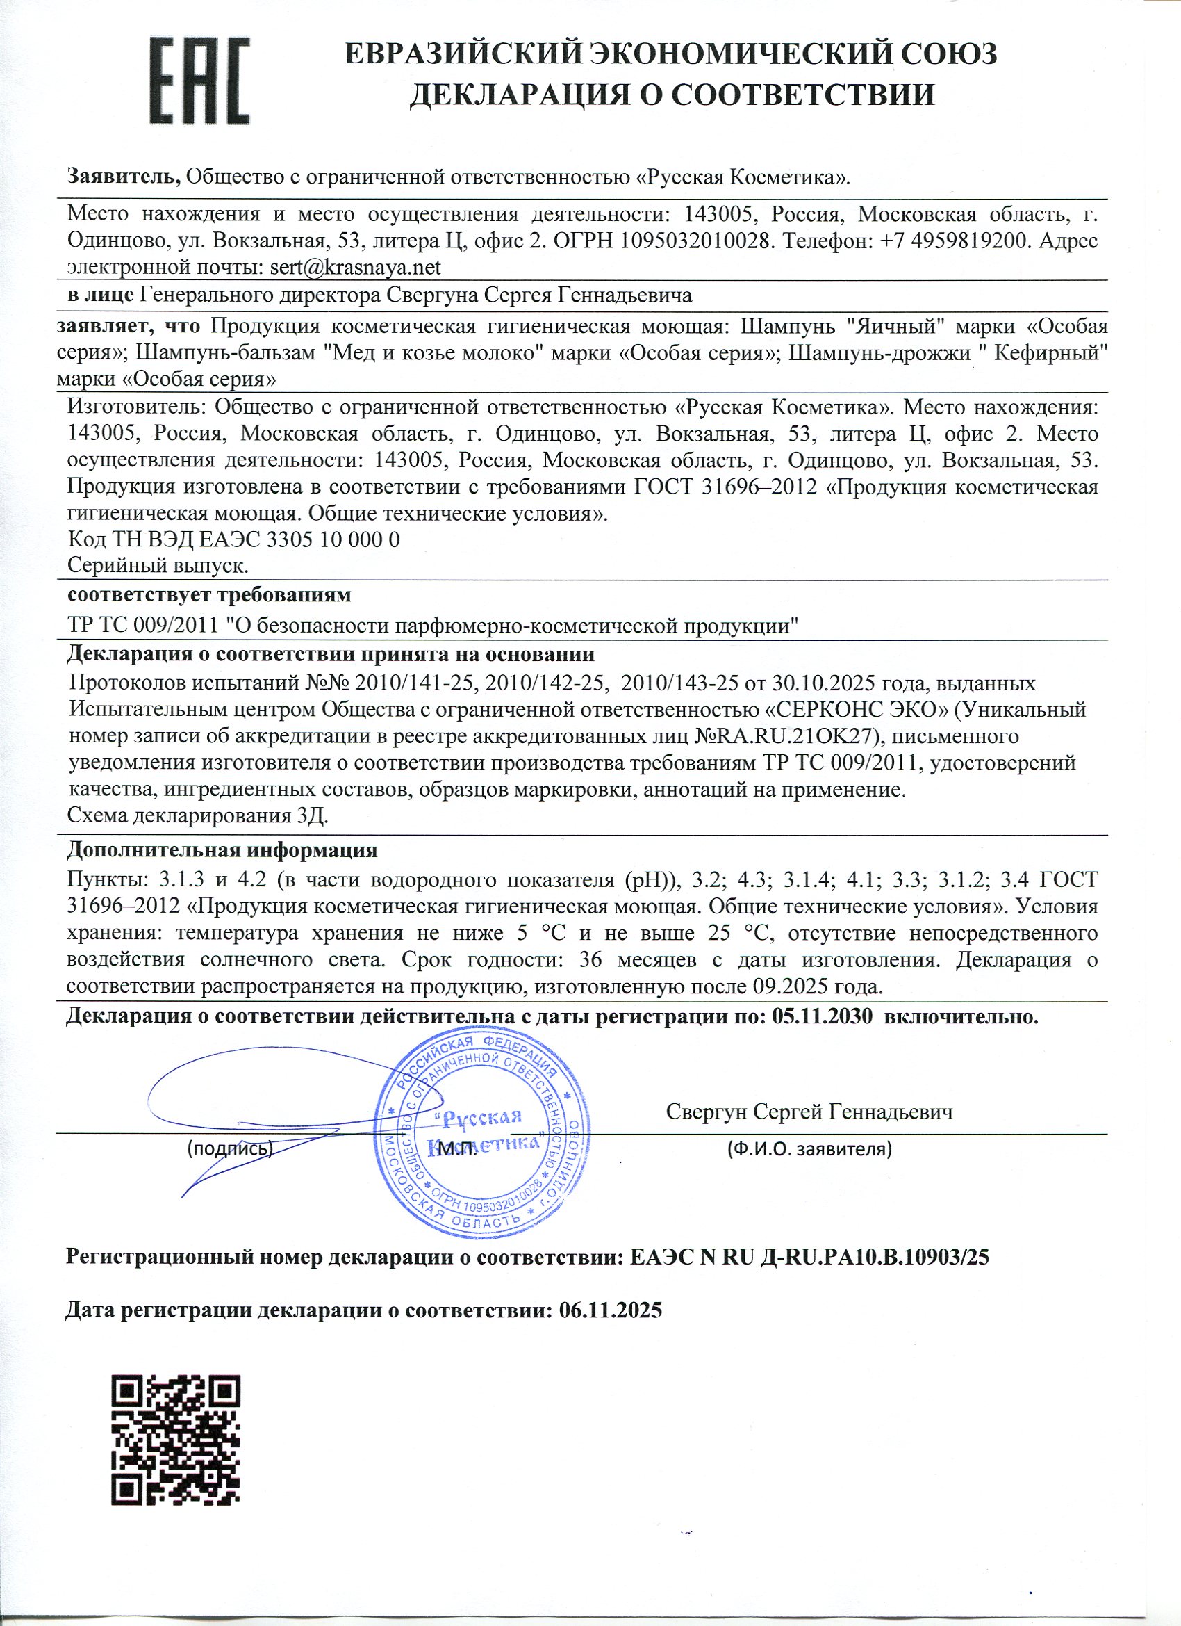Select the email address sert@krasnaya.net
[355, 268]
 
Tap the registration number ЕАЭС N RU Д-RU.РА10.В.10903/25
[809, 1256]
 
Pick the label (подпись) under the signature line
[229, 1148]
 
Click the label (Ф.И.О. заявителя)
[809, 1150]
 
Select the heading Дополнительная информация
[222, 850]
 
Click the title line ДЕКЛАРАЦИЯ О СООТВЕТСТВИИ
[672, 95]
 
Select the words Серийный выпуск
[158, 566]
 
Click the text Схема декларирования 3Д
[198, 816]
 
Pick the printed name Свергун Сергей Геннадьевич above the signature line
[809, 1112]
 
